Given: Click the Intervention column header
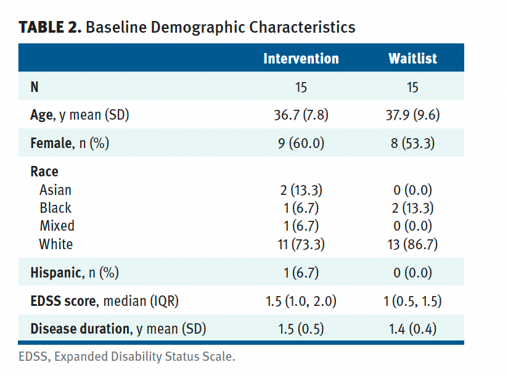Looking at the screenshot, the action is (301, 59).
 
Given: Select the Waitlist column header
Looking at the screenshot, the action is (412, 59).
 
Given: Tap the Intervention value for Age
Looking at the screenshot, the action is (301, 115).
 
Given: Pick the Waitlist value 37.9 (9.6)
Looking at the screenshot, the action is (412, 115).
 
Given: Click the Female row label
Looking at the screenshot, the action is (70, 143).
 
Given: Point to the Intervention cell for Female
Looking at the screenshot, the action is (301, 143).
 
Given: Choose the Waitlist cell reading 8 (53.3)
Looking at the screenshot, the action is (412, 143).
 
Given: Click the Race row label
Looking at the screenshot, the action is (44, 171).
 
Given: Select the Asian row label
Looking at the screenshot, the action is (55, 190).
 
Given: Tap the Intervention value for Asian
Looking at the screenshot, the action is (301, 190).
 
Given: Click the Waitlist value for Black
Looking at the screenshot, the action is (412, 208).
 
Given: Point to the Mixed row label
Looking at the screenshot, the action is (57, 226).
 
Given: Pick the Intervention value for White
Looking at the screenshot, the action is (301, 244).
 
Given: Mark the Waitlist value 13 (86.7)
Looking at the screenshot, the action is (412, 244).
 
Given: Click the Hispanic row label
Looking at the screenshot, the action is (75, 273).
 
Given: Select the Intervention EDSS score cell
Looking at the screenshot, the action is (301, 301).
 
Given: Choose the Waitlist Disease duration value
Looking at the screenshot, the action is (412, 329).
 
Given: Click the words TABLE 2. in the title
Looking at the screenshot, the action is (50, 27).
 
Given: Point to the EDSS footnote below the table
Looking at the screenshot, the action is (126, 357).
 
